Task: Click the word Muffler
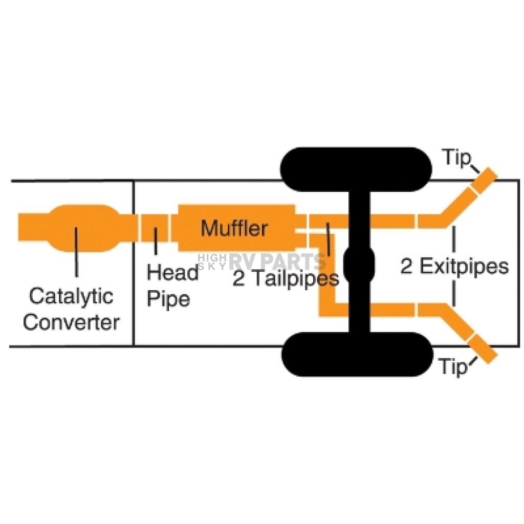click(x=234, y=228)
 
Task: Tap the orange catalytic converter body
click(x=83, y=228)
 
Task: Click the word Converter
click(x=71, y=322)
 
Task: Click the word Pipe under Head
click(x=168, y=298)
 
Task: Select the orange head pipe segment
click(x=155, y=228)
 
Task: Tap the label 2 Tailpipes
click(x=286, y=278)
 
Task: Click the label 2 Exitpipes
click(x=454, y=266)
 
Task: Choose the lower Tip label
click(x=453, y=366)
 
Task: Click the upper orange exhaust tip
click(x=484, y=181)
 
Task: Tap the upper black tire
click(x=356, y=169)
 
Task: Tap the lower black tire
click(x=357, y=354)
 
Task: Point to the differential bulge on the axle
click(x=359, y=265)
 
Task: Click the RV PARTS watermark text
click(x=277, y=261)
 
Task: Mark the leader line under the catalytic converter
click(x=77, y=252)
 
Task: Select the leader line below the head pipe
click(x=156, y=241)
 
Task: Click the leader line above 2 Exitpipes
click(x=453, y=239)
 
